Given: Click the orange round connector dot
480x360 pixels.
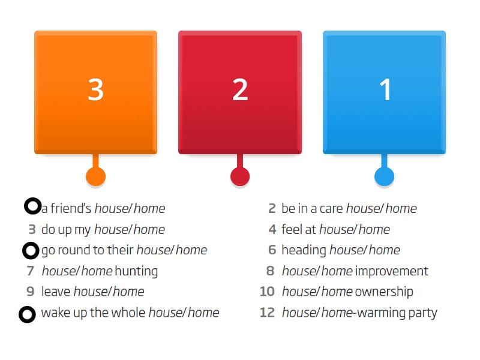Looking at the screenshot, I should pyautogui.click(x=96, y=176).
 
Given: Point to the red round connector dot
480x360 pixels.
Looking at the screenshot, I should pyautogui.click(x=240, y=176).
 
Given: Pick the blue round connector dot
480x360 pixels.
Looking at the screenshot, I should pyautogui.click(x=384, y=176).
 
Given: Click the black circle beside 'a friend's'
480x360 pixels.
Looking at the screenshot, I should pyautogui.click(x=32, y=206).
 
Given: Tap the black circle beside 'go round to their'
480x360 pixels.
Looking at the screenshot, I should pyautogui.click(x=31, y=250).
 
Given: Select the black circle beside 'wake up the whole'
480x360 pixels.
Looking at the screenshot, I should pyautogui.click(x=27, y=314).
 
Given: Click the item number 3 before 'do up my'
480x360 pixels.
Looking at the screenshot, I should pyautogui.click(x=32, y=229).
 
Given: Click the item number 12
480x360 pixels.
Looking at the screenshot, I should pyautogui.click(x=267, y=313).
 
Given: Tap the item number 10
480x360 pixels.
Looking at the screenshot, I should pyautogui.click(x=267, y=292).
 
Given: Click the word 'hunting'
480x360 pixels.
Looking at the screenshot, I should pyautogui.click(x=136, y=271).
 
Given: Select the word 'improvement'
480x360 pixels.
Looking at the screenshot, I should pyautogui.click(x=391, y=271).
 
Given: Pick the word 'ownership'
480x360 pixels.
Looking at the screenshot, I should pyautogui.click(x=384, y=292).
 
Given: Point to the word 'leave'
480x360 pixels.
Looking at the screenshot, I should pyautogui.click(x=56, y=292).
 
